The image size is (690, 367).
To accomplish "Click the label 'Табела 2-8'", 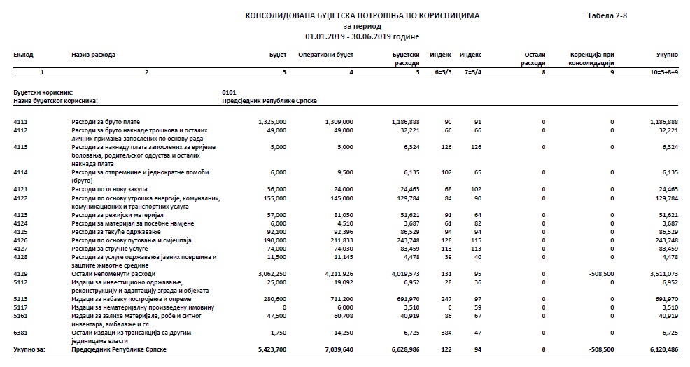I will pos(607,15).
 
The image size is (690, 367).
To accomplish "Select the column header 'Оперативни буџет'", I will pos(325,54).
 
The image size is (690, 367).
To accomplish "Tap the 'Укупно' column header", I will pos(666,54).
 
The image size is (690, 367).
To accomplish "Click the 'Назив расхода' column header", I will pos(93,54).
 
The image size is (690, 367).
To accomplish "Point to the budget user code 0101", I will pos(229,92).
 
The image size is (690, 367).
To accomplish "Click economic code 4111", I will pos(20,122).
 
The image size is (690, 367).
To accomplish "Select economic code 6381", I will pos(20,333).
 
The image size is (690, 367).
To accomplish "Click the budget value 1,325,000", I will pos(272,122).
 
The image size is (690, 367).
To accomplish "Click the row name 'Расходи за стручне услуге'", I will pos(111,248).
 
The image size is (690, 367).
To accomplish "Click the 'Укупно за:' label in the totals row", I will pos(29,349).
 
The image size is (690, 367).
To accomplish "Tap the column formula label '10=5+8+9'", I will pos(663,72).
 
